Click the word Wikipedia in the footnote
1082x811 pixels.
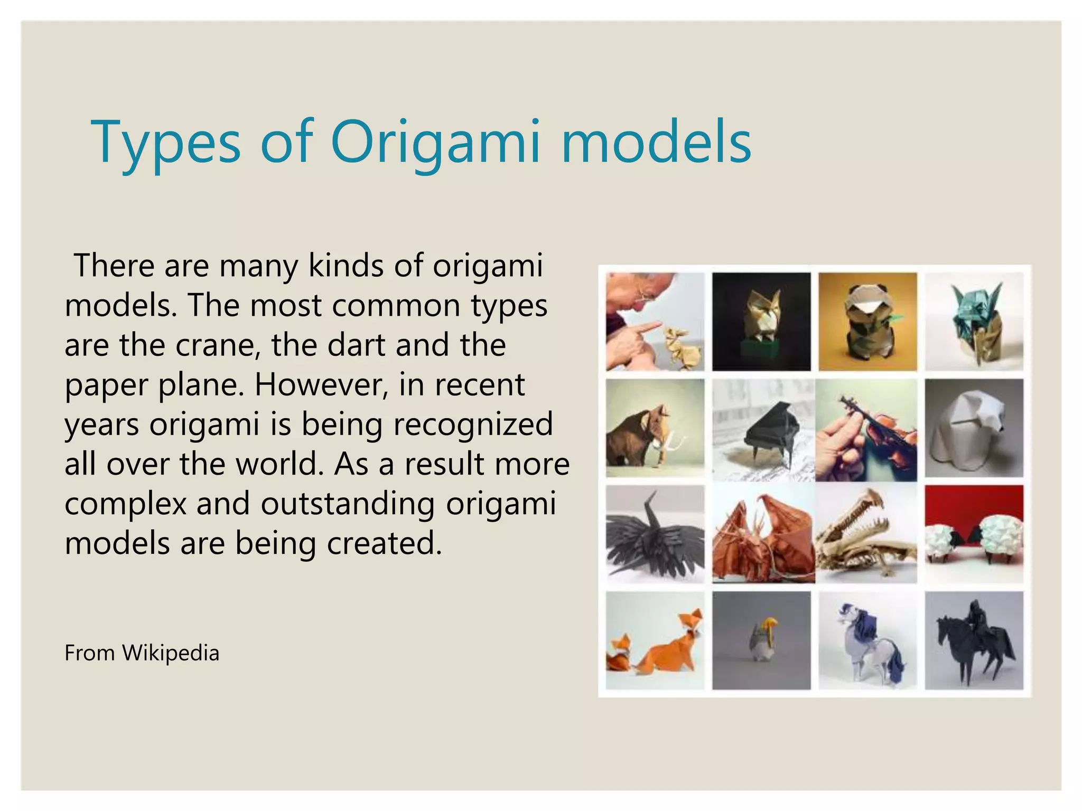pyautogui.click(x=170, y=653)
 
